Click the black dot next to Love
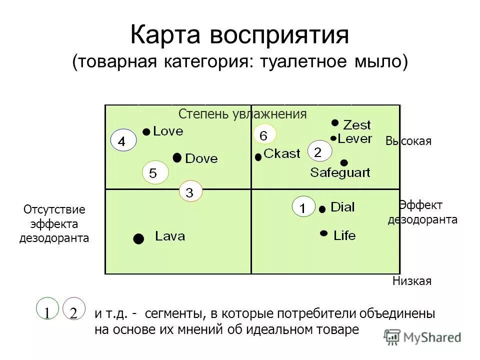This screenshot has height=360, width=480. click(146, 131)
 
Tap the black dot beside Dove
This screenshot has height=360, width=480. click(177, 158)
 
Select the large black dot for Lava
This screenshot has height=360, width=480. click(138, 238)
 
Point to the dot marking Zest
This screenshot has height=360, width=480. click(335, 122)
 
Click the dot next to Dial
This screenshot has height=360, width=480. click(322, 209)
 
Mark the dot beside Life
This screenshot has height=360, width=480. click(324, 233)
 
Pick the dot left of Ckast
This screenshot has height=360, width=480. click(258, 157)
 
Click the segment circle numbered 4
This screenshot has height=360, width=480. click(122, 142)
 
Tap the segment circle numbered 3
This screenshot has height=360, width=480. click(190, 192)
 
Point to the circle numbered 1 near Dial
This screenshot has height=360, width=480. click(303, 207)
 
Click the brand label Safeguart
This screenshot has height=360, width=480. click(340, 173)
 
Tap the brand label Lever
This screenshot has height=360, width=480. click(355, 138)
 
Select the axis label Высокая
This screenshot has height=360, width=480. click(408, 141)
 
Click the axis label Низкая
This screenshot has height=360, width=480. click(411, 281)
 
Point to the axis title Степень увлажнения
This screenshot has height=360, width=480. click(242, 114)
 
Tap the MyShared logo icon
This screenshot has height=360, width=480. click(392, 336)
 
